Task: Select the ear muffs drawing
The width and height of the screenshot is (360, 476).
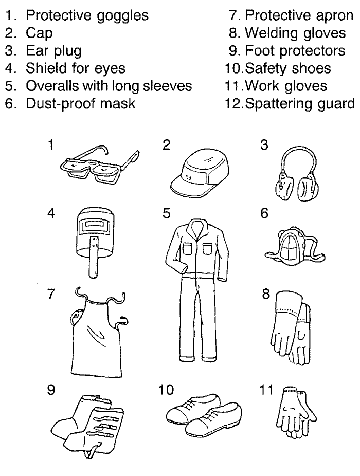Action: (297, 175)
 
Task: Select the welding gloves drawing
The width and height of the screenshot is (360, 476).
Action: (291, 328)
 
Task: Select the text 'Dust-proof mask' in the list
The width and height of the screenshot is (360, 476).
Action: (81, 103)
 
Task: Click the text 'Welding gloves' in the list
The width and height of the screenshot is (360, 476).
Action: (295, 33)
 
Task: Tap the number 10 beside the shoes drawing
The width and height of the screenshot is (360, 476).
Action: (166, 390)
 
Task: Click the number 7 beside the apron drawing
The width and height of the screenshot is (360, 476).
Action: (51, 294)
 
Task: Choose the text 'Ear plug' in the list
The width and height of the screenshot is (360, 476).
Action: (54, 51)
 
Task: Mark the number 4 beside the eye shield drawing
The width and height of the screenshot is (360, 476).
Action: (51, 213)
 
